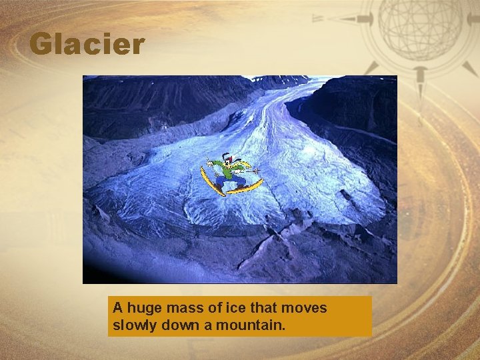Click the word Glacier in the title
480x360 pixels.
(87, 45)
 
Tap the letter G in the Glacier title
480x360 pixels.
(41, 45)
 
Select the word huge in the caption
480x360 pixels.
(141, 308)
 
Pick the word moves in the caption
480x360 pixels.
(304, 308)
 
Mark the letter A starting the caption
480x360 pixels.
(117, 308)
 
